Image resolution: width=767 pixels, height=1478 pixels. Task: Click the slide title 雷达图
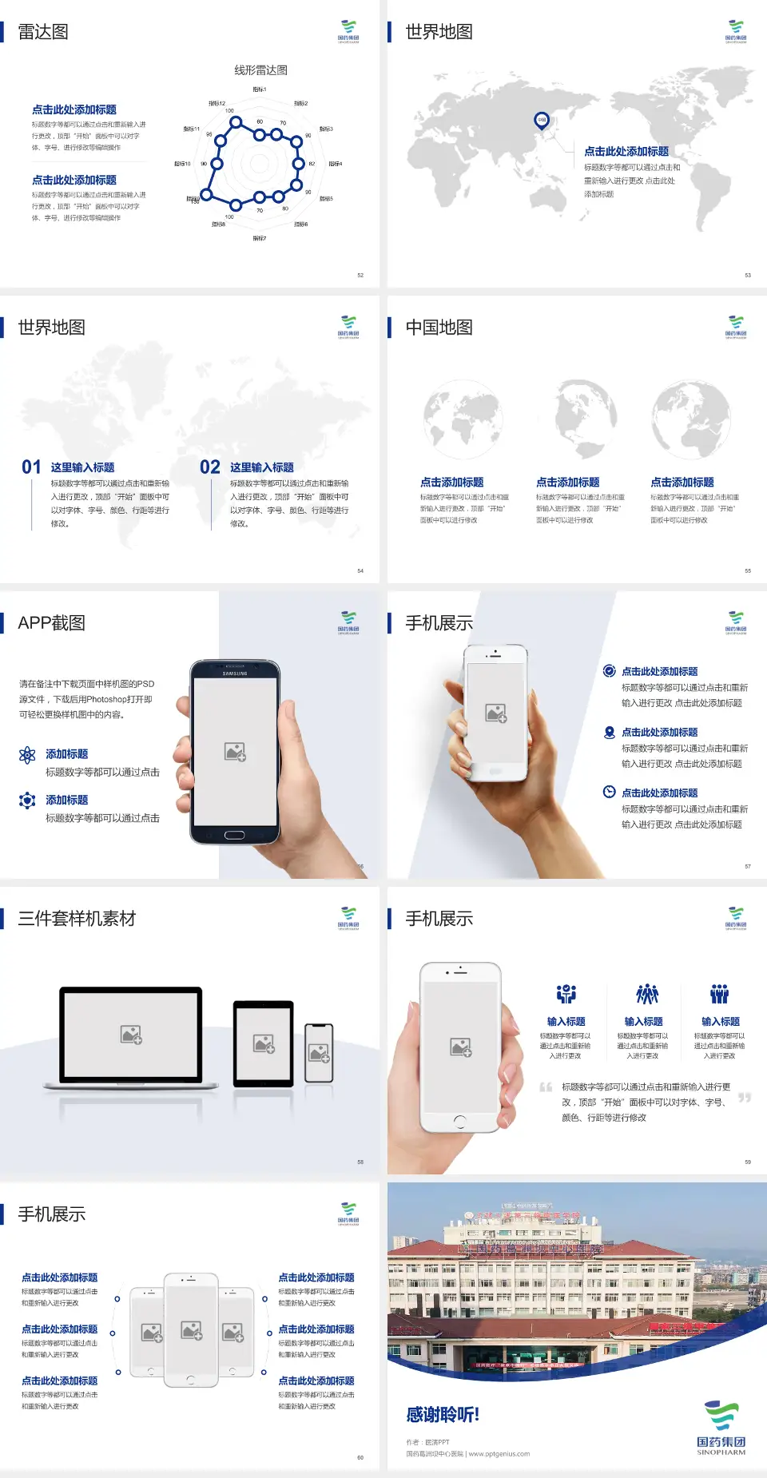click(43, 32)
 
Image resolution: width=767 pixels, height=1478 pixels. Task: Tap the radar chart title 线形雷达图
click(260, 70)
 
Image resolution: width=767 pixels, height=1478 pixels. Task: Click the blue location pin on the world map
click(542, 121)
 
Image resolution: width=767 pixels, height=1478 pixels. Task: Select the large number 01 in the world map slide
click(31, 467)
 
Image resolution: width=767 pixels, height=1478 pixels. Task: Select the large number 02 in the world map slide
click(210, 467)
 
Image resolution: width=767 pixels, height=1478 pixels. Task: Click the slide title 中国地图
click(439, 328)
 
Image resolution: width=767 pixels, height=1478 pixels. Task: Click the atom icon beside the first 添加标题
click(27, 755)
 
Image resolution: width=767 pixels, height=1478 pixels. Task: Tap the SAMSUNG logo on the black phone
click(235, 673)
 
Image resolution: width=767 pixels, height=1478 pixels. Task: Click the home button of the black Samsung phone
click(234, 835)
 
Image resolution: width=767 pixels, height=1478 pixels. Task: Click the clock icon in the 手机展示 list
click(609, 792)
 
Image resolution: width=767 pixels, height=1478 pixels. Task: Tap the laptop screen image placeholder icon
click(131, 1035)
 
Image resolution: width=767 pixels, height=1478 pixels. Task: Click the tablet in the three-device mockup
click(264, 1043)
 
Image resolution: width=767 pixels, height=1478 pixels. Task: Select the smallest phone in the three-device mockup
click(319, 1053)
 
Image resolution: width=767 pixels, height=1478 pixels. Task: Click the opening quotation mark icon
click(546, 1087)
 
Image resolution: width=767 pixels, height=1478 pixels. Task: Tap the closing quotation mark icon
click(744, 1098)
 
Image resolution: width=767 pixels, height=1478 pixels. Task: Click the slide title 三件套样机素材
click(77, 919)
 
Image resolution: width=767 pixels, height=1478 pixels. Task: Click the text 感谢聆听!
click(443, 1415)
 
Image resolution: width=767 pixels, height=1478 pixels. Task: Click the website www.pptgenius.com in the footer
click(499, 1454)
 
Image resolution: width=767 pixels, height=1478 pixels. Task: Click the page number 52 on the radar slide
click(360, 275)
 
